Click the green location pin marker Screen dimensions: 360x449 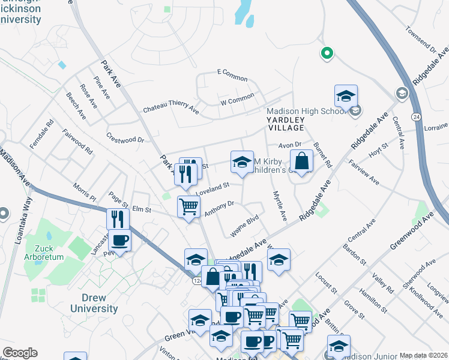[327, 53]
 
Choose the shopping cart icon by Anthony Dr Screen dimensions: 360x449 [188, 207]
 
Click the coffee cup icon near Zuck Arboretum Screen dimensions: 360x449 [119, 241]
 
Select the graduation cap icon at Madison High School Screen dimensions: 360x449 [346, 96]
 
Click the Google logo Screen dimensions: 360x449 [20, 353]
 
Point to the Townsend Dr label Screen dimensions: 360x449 [420, 38]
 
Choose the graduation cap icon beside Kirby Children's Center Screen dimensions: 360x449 [242, 162]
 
